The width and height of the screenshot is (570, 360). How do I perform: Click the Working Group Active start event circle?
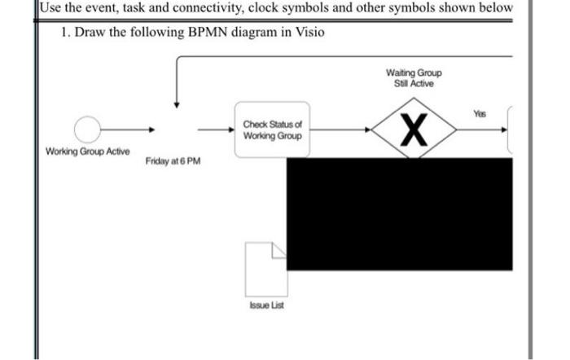click(87, 129)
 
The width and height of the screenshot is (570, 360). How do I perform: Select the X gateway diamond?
click(416, 129)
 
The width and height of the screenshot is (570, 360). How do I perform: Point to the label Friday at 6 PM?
click(172, 162)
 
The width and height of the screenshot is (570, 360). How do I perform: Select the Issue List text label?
click(266, 305)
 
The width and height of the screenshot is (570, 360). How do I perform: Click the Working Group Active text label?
click(87, 152)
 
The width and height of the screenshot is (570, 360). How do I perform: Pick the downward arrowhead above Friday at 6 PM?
click(176, 104)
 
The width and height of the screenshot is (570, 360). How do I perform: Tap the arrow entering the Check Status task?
click(216, 129)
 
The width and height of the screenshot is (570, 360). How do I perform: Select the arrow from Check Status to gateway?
click(342, 129)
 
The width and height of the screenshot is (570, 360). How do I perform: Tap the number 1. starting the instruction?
click(66, 32)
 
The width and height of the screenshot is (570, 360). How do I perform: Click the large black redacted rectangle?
click(399, 213)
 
